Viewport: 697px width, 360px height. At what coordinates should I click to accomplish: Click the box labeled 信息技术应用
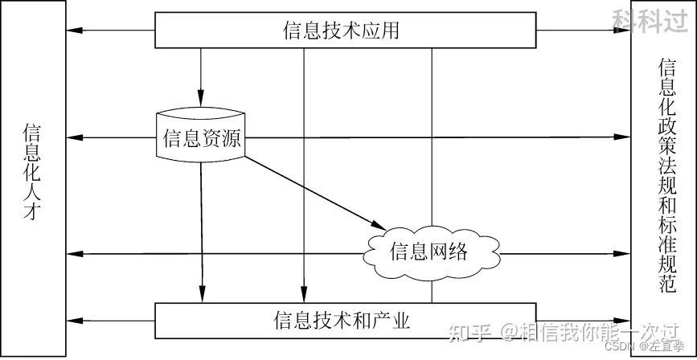345,31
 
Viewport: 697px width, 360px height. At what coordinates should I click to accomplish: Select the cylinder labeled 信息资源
200,137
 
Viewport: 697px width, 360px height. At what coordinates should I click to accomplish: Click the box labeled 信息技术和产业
345,321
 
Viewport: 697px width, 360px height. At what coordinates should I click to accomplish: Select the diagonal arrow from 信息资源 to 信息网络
310,189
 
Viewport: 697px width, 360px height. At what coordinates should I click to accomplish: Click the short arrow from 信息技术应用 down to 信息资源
200,76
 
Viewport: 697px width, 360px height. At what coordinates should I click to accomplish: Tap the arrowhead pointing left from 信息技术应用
73,31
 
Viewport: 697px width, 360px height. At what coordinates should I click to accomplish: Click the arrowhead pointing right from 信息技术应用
625,31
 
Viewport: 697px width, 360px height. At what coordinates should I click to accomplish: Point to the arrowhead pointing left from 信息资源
73,137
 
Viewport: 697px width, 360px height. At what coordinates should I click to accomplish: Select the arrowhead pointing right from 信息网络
625,253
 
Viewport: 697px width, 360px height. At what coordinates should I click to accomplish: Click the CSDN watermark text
617,346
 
